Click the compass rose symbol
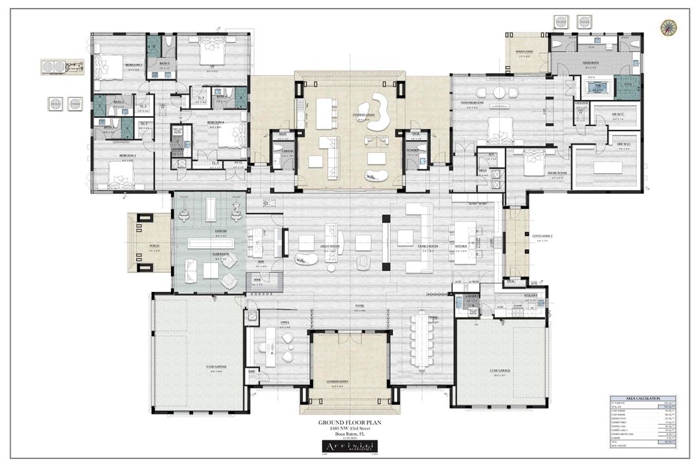(x=668, y=27)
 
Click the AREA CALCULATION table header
(x=642, y=398)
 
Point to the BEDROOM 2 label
(x=134, y=65)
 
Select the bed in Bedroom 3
(x=120, y=173)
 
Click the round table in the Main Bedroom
(x=499, y=93)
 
